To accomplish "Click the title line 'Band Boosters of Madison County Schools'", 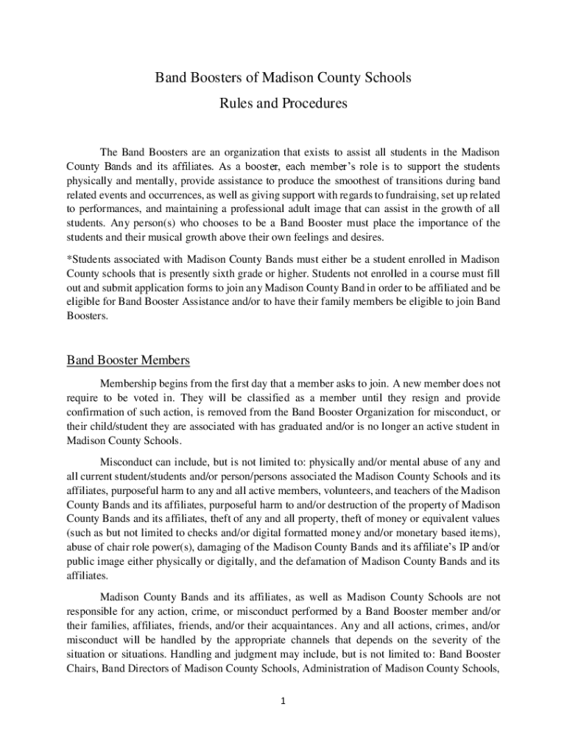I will pos(283,77).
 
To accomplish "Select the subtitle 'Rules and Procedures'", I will pos(283,104).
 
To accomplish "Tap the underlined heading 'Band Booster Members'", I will pos(129,361).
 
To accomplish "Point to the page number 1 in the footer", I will pos(283,700).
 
